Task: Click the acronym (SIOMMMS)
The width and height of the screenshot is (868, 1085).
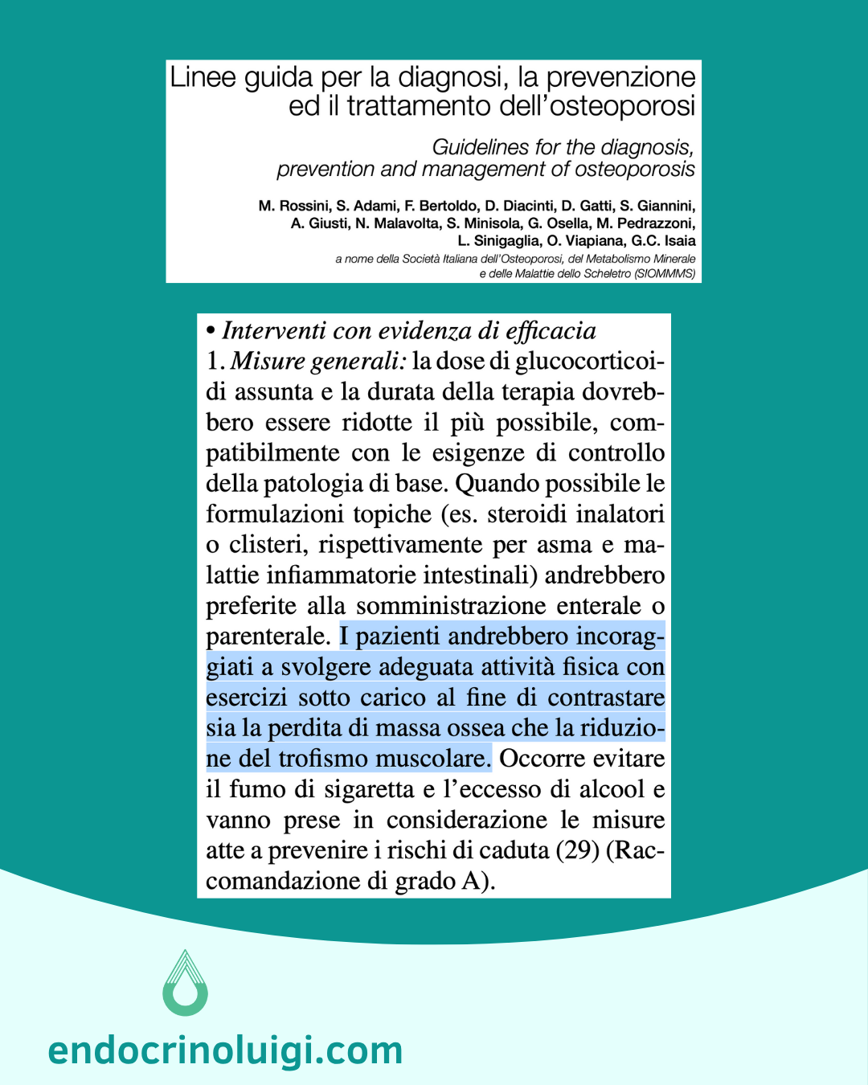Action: coord(665,274)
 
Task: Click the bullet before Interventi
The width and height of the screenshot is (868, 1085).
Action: coord(211,331)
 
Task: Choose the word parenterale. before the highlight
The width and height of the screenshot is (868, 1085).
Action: coord(268,637)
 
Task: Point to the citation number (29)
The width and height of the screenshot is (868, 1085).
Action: coord(578,850)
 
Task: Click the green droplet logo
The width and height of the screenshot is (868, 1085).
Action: coord(186,983)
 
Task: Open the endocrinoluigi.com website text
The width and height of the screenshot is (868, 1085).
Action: coord(225,1050)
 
